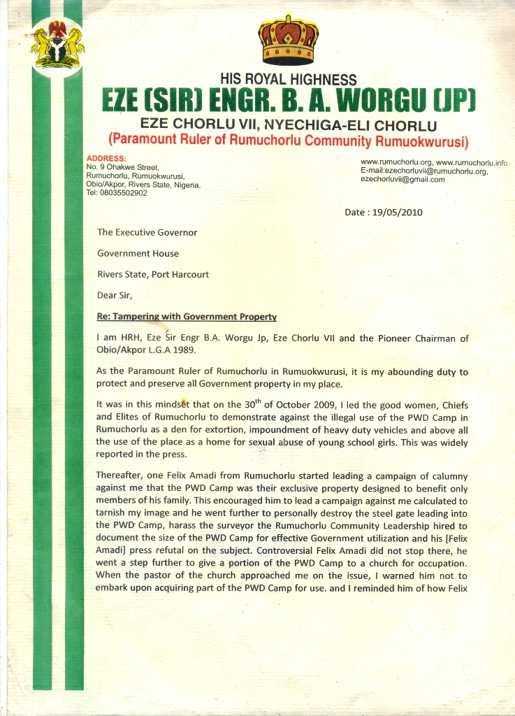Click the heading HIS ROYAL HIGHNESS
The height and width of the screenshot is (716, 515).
click(x=288, y=80)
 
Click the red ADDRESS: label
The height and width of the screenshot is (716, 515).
click(x=106, y=159)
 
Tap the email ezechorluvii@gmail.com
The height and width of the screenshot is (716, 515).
click(x=402, y=180)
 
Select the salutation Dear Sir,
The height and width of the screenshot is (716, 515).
click(x=115, y=295)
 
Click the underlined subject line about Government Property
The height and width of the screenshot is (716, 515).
click(x=187, y=316)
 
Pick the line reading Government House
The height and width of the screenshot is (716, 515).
click(x=138, y=253)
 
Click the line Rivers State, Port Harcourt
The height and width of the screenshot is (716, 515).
click(x=153, y=274)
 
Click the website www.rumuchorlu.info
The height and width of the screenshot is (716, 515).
click(x=472, y=163)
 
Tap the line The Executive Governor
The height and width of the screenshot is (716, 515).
click(x=147, y=232)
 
